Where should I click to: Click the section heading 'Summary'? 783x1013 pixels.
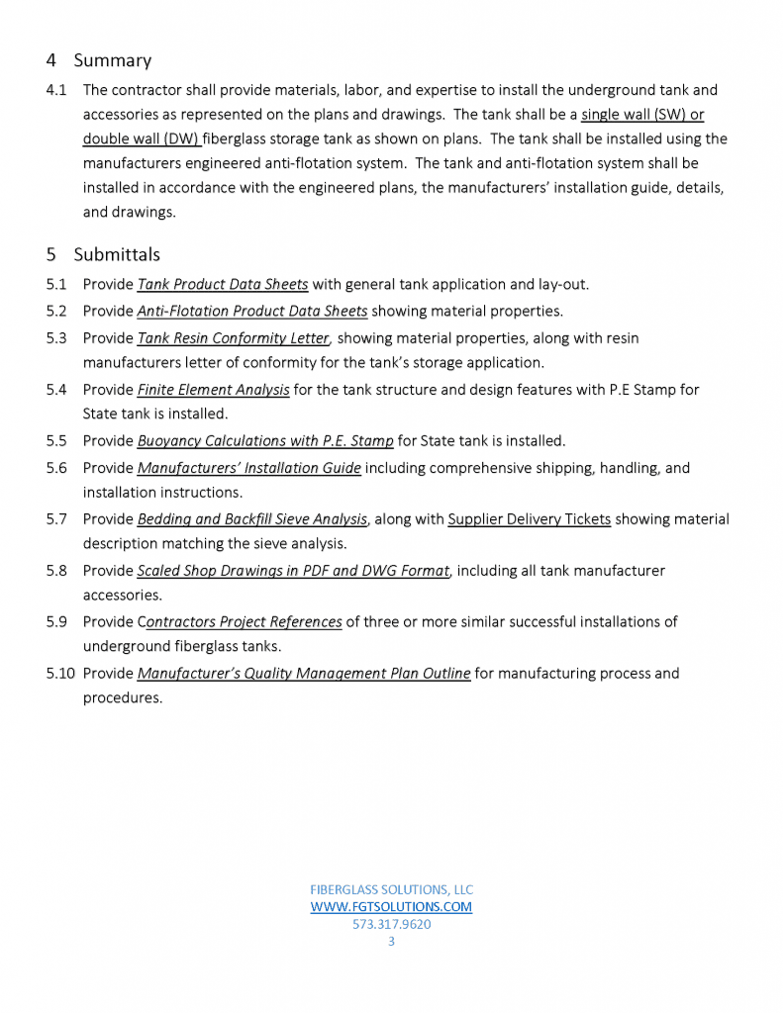[112, 60]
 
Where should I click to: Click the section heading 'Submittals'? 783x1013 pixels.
[117, 254]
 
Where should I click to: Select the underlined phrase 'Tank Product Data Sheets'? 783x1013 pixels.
[223, 285]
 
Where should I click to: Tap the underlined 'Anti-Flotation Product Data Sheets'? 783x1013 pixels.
[252, 311]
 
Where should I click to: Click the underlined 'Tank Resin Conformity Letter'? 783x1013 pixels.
[233, 337]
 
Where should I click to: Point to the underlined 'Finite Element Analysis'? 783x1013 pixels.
[214, 390]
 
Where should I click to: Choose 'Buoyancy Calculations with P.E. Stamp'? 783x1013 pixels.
[265, 441]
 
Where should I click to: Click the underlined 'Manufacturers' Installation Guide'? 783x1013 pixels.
[249, 468]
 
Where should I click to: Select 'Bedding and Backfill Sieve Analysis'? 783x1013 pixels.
[252, 519]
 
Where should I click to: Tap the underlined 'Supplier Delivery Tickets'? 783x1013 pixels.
[529, 519]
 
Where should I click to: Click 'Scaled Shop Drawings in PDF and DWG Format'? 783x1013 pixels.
[293, 571]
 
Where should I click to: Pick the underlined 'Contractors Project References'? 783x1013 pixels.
[241, 622]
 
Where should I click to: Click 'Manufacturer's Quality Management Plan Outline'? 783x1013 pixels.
[304, 674]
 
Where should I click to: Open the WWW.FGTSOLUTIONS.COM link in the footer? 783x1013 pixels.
[391, 907]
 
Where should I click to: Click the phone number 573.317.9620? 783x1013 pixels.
[391, 925]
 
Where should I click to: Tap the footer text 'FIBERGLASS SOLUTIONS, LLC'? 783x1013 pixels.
[391, 889]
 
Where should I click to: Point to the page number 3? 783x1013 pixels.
[391, 942]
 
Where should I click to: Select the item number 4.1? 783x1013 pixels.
[56, 90]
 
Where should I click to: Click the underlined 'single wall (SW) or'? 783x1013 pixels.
[642, 115]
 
